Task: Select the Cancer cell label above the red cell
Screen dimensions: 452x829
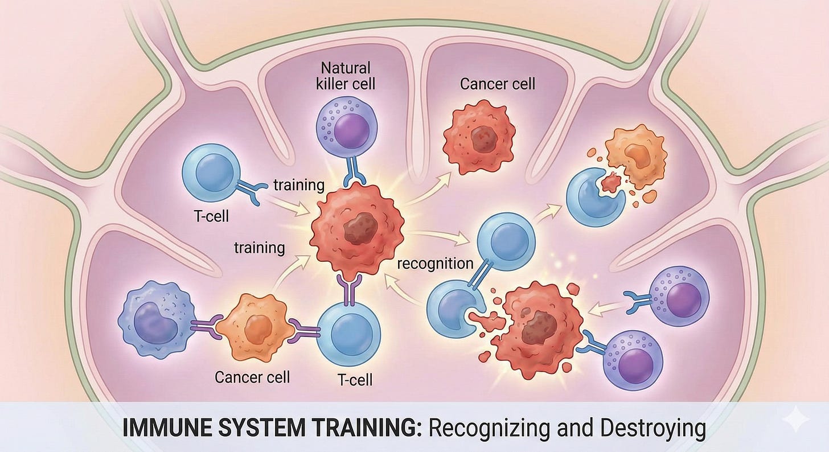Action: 498,84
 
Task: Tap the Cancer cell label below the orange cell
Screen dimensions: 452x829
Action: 252,376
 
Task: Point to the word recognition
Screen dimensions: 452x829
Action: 435,264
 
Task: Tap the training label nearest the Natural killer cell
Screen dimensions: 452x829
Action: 298,185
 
